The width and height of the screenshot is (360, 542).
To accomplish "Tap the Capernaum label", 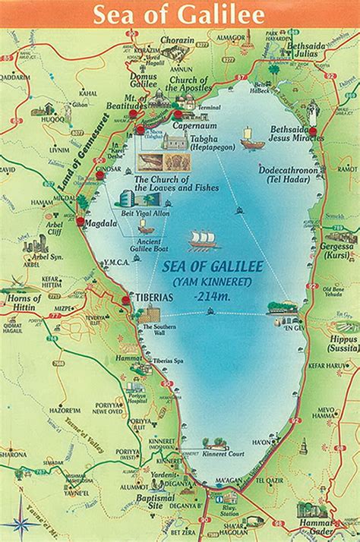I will (191, 126).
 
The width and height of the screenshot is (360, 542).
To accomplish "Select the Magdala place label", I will (101, 223).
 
